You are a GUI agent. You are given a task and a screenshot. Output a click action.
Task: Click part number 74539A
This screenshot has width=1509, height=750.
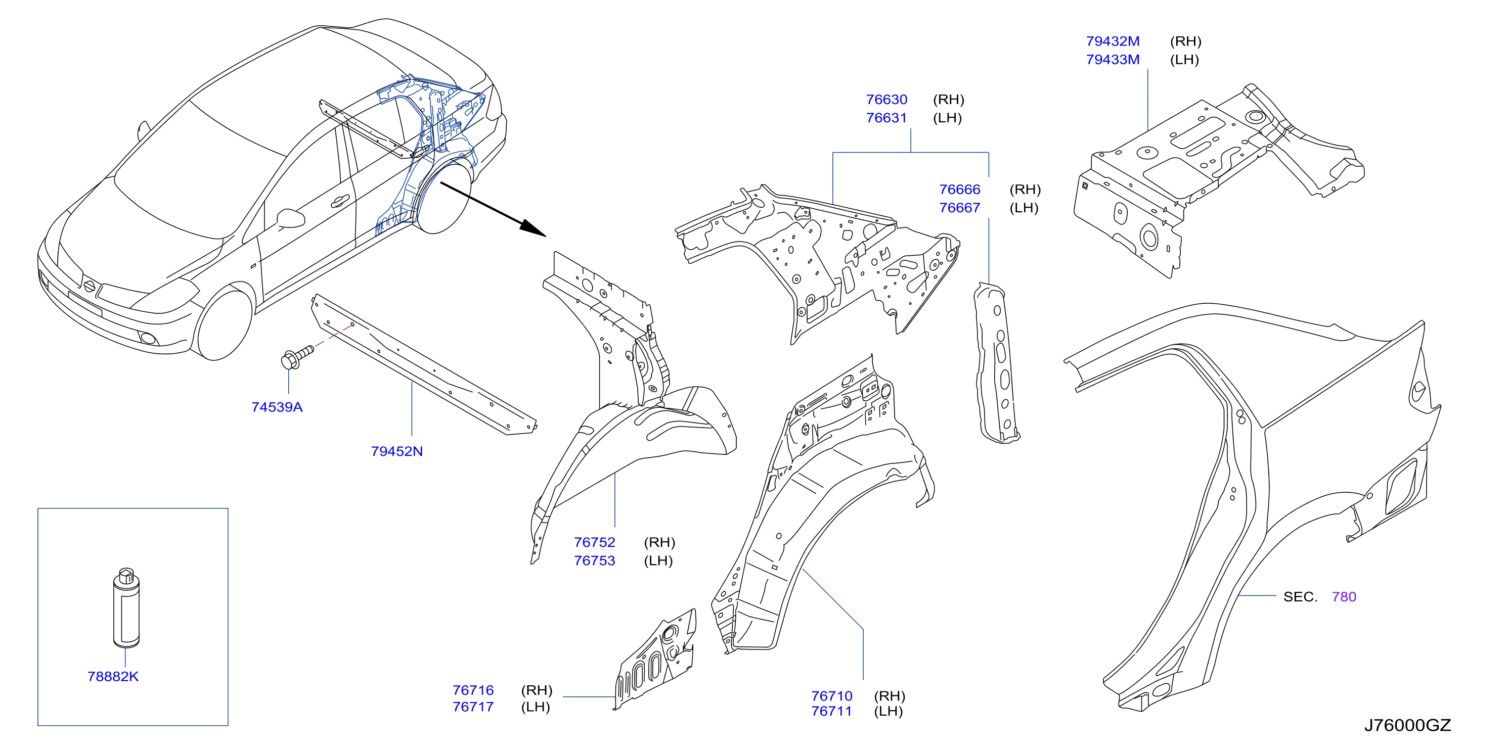[x=277, y=407]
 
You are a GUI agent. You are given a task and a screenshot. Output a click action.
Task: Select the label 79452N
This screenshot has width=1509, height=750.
[x=396, y=451]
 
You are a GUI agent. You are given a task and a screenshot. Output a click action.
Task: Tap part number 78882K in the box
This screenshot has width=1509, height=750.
[x=113, y=676]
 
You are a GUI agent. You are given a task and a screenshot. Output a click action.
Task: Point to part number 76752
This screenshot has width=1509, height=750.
[x=595, y=542]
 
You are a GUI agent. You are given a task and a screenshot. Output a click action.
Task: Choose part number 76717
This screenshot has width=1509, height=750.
[x=473, y=707]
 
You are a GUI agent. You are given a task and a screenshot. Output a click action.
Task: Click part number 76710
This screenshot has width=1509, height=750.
[x=832, y=696]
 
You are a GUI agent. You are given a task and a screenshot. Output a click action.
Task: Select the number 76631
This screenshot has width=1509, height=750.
[x=887, y=118]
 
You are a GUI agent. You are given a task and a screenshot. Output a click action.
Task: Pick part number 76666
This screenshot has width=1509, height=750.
[x=959, y=189]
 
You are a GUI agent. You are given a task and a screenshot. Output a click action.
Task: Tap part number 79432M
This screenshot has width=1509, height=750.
[x=1113, y=41]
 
